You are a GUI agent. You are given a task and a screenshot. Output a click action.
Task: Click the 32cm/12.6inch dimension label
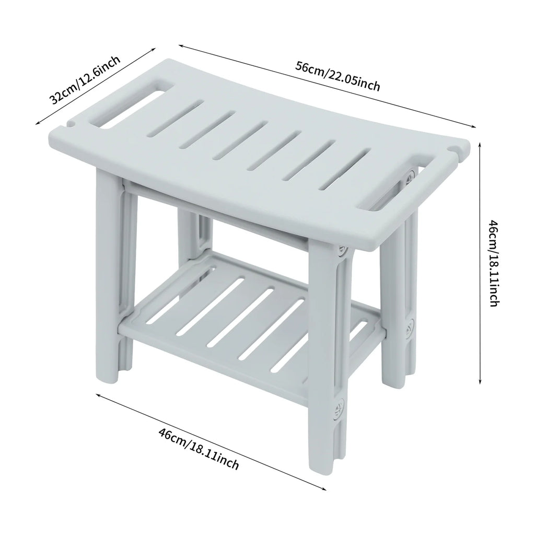85,79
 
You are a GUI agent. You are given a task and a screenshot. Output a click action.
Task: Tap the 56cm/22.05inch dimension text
338,76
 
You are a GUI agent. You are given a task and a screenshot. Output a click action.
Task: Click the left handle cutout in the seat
126,105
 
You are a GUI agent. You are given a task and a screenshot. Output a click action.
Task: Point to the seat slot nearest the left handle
176,118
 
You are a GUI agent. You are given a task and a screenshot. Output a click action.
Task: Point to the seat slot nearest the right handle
346,169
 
